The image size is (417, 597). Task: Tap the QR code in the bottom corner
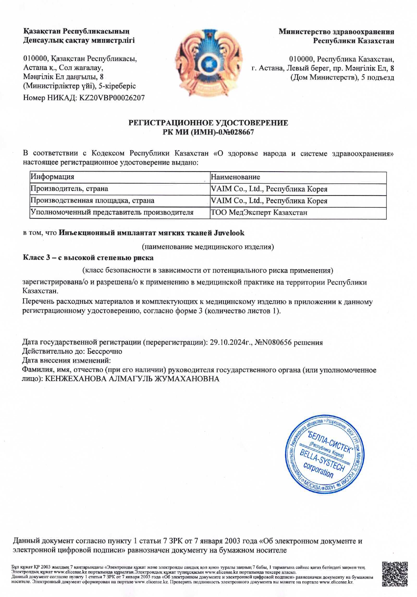395,574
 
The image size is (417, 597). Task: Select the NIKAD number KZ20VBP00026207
112,98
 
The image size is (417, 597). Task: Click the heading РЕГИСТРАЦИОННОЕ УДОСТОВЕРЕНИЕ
208,123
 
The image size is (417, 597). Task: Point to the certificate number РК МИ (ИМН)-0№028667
208,132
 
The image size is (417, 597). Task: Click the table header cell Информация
52,177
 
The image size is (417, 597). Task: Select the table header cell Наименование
235,177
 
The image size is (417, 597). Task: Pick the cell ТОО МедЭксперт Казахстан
259,213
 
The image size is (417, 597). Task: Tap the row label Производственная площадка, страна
92,201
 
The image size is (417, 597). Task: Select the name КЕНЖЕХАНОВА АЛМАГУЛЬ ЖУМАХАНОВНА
132,379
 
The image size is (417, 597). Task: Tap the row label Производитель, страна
69,189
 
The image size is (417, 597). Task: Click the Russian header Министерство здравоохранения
336,32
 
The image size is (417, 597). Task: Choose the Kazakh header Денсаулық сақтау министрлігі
79,41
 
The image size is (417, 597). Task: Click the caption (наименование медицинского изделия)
208,247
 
